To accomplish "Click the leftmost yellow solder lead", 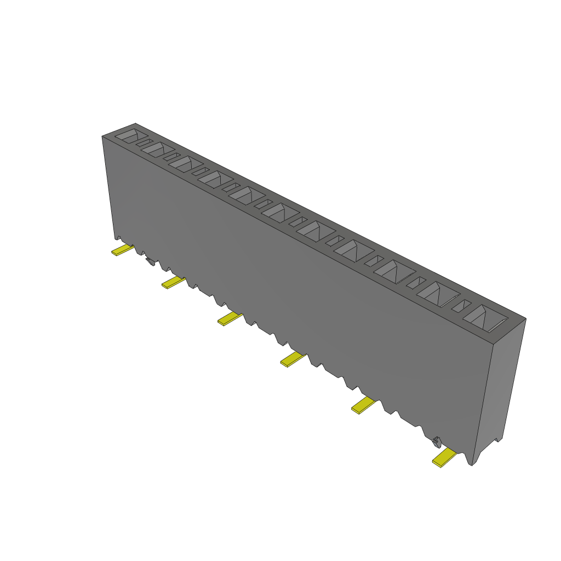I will point(123,250).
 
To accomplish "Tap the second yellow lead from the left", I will point(173,282).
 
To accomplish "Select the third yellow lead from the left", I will point(230,318).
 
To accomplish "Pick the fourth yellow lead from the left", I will point(293,359).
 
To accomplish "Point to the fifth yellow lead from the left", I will point(363,405).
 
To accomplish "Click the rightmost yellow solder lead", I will point(444,457).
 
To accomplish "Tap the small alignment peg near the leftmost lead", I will point(150,261).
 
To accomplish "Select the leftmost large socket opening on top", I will point(129,136).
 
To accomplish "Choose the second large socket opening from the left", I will point(158,149).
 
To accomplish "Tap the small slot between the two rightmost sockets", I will point(461,306).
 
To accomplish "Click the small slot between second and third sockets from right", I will point(416,283).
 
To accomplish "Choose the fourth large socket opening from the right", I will point(353,250).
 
